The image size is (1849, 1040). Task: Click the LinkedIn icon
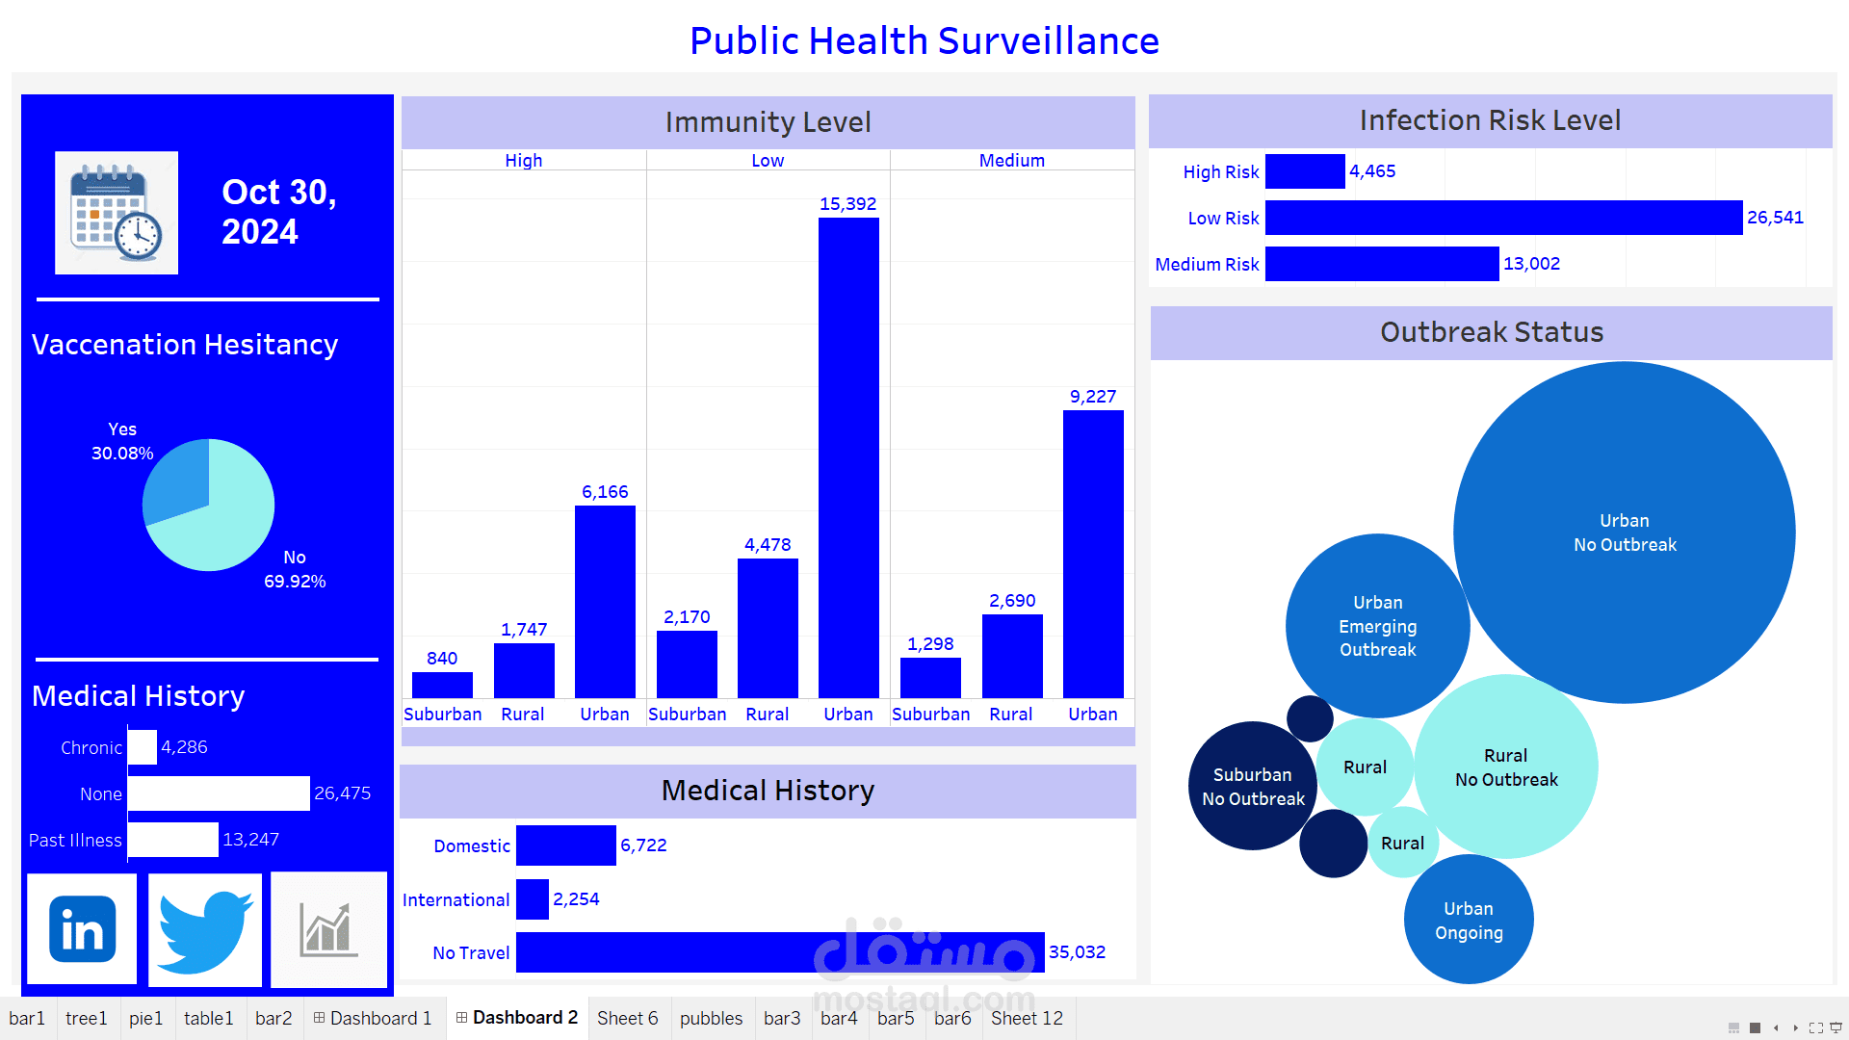pyautogui.click(x=82, y=929)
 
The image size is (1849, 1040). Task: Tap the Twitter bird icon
pyautogui.click(x=205, y=930)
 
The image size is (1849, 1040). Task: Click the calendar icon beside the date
pyautogui.click(x=117, y=213)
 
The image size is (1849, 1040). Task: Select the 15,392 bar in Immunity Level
pyautogui.click(x=848, y=457)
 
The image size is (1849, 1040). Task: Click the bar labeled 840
pyautogui.click(x=442, y=685)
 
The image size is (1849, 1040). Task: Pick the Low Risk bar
pyautogui.click(x=1503, y=218)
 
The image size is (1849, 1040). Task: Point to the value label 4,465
pyautogui.click(x=1372, y=171)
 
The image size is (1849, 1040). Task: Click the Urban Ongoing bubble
pyautogui.click(x=1469, y=920)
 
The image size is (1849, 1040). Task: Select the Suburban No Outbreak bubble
pyautogui.click(x=1252, y=787)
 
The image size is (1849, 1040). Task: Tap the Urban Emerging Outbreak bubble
pyautogui.click(x=1377, y=626)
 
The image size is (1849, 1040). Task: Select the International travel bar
pyautogui.click(x=533, y=899)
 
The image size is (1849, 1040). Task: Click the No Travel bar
pyautogui.click(x=780, y=952)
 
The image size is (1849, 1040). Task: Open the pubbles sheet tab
pyautogui.click(x=711, y=1018)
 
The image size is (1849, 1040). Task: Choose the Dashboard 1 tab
pyautogui.click(x=373, y=1018)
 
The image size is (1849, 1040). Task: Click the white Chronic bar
pyautogui.click(x=143, y=747)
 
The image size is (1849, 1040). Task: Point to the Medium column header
pyautogui.click(x=1011, y=161)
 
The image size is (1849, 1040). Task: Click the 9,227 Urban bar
pyautogui.click(x=1093, y=554)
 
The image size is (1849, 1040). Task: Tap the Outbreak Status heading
pyautogui.click(x=1491, y=332)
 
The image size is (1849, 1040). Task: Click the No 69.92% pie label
pyautogui.click(x=295, y=569)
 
